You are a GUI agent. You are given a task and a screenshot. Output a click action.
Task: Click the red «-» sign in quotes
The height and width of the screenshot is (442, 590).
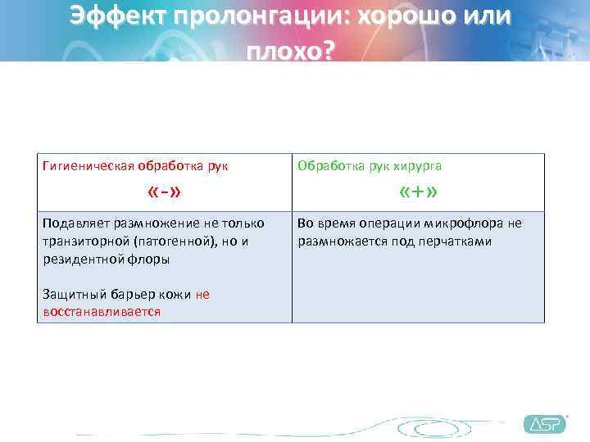tap(164, 193)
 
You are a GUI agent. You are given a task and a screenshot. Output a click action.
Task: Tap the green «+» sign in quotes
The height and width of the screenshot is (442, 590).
tap(418, 193)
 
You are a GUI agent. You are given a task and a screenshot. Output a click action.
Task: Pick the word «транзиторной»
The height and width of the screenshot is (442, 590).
tap(82, 241)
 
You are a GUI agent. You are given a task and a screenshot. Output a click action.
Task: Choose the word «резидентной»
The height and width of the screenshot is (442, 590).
tap(81, 259)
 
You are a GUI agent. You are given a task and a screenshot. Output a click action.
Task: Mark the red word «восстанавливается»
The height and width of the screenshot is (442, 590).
tap(101, 312)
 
